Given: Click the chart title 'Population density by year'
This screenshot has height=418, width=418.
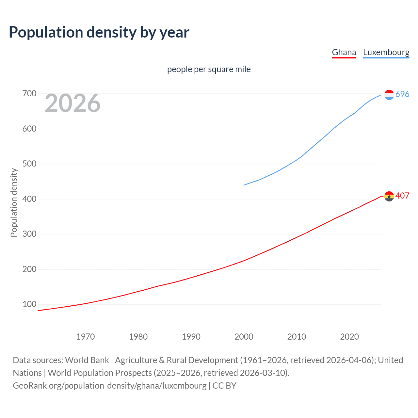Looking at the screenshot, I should click(99, 32).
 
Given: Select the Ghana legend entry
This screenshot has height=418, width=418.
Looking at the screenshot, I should click(344, 52).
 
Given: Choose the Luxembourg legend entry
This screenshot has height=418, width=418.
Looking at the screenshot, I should click(386, 52).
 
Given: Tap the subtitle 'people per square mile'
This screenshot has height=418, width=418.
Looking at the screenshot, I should click(209, 69).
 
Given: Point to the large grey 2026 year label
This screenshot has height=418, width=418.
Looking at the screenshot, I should click(72, 103).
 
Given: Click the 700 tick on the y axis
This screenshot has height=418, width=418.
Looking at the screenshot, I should click(29, 94).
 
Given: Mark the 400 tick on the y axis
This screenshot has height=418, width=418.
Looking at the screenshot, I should click(29, 199).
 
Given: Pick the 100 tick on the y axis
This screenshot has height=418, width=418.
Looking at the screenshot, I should click(29, 304).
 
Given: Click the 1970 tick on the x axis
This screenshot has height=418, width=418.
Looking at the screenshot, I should click(86, 337).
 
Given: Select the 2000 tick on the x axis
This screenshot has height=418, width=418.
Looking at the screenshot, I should click(244, 337).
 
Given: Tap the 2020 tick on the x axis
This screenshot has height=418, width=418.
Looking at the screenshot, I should click(349, 337).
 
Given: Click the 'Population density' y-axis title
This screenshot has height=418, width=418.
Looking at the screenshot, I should click(14, 202).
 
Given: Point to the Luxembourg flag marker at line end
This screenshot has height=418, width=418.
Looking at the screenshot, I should click(389, 95).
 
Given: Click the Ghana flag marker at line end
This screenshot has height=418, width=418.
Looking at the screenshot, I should click(389, 196).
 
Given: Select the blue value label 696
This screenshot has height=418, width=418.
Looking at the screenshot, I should click(402, 94).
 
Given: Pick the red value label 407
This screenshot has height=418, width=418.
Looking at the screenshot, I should click(402, 196).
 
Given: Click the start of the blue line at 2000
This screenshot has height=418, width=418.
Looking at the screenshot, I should click(244, 185).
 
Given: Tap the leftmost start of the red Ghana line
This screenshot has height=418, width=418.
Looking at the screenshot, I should click(38, 311).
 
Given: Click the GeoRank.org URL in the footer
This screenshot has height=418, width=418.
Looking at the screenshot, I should click(110, 386).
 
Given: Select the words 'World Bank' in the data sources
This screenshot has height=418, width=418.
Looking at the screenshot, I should click(87, 360).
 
